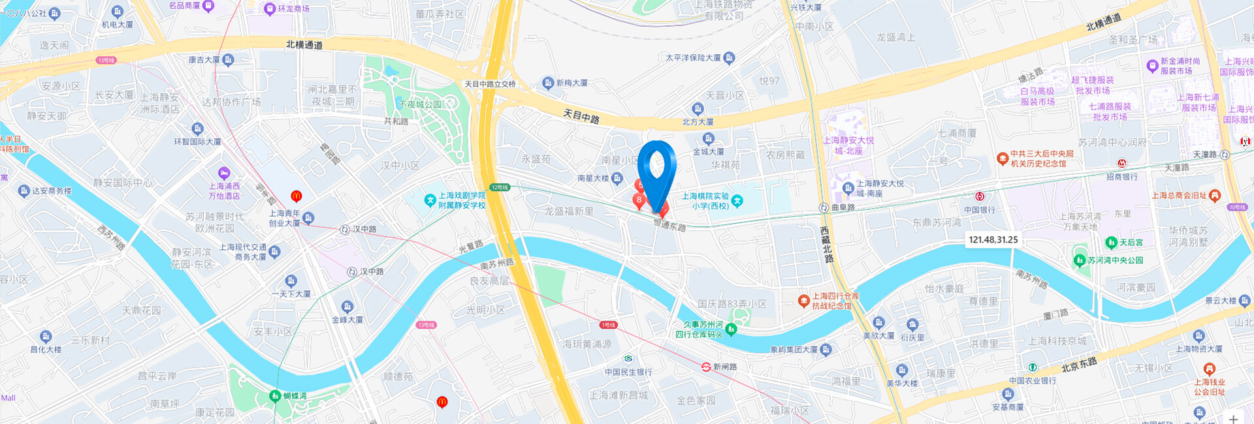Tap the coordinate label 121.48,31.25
(993, 240)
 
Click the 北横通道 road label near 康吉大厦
(304, 44)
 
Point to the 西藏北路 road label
(826, 245)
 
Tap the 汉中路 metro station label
(364, 230)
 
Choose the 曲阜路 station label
(843, 207)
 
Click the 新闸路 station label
(724, 367)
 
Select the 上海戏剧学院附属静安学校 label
(461, 200)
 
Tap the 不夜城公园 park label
(420, 104)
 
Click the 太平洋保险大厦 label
(693, 58)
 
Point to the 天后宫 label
(1131, 243)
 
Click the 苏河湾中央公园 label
(1115, 260)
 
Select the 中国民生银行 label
(628, 372)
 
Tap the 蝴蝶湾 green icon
(276, 396)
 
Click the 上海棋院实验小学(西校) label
(705, 201)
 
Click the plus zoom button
(1233, 419)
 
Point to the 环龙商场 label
(293, 8)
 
